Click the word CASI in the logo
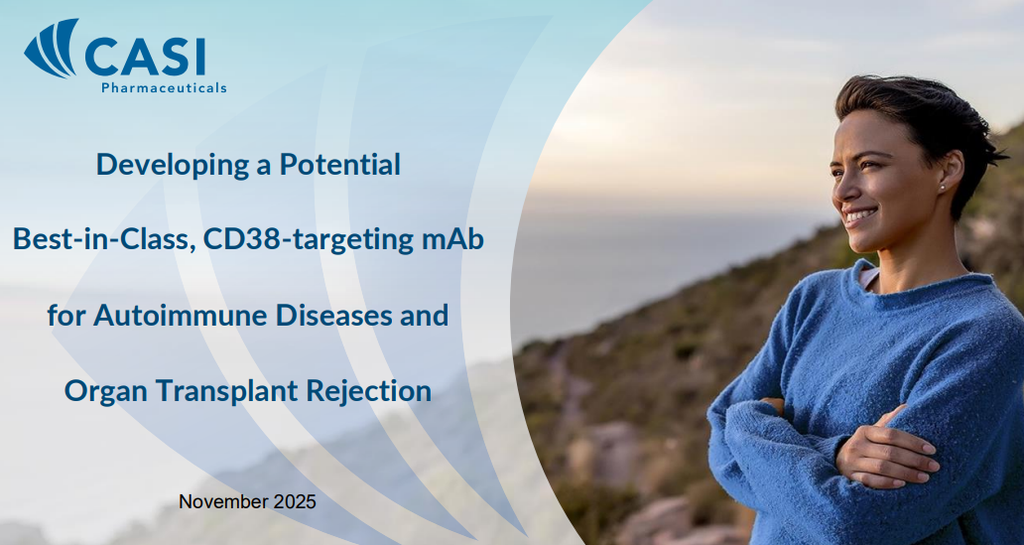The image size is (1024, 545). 145,57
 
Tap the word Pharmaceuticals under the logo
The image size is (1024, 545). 164,87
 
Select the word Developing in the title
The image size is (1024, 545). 173,165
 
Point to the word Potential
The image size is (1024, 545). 339,164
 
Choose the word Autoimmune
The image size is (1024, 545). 181,315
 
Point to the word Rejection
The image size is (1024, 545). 369,392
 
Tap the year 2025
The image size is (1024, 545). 295,502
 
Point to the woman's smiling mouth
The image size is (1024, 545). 861,215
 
